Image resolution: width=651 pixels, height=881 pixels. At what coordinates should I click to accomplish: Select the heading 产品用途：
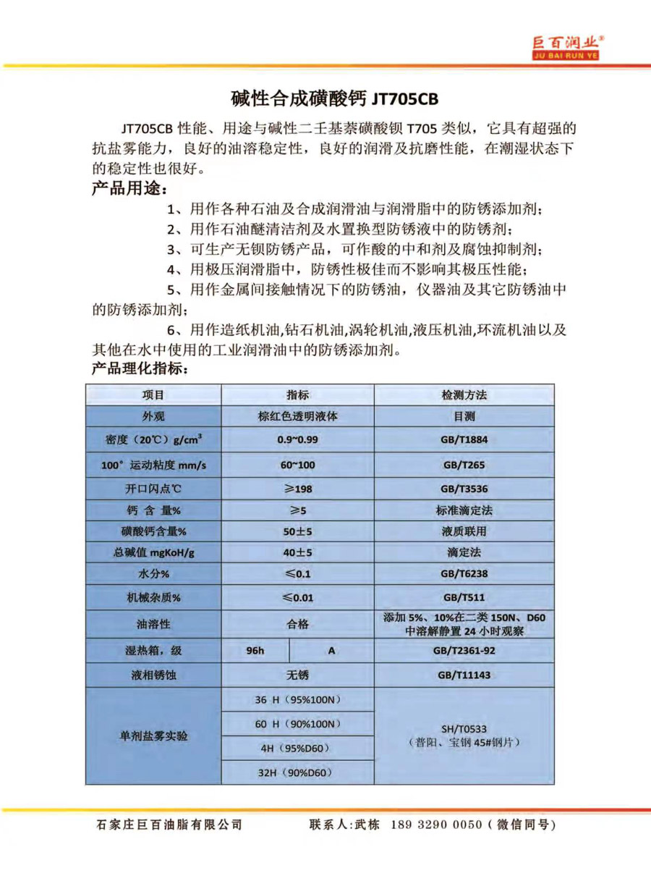click(129, 190)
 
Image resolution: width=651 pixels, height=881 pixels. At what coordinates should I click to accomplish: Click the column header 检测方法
click(464, 395)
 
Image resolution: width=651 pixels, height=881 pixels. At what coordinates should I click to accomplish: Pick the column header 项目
click(153, 395)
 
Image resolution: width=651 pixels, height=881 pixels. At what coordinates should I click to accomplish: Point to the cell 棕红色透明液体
click(297, 417)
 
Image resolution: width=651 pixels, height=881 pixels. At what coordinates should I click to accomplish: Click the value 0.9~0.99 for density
click(297, 440)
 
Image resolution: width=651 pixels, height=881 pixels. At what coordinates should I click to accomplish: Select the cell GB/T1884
click(464, 440)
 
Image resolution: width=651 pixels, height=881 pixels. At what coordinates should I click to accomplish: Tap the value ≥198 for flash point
click(297, 489)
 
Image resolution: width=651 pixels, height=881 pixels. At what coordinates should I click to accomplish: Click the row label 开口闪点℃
click(153, 489)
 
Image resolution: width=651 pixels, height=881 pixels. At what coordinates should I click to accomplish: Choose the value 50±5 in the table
click(297, 531)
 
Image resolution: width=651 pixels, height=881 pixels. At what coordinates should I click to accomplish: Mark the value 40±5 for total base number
click(297, 552)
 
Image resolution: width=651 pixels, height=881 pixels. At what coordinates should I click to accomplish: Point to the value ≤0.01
click(297, 598)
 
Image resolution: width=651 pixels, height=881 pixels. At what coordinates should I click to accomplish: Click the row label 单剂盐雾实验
click(153, 735)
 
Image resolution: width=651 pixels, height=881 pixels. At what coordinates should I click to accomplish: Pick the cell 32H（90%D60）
click(297, 772)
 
